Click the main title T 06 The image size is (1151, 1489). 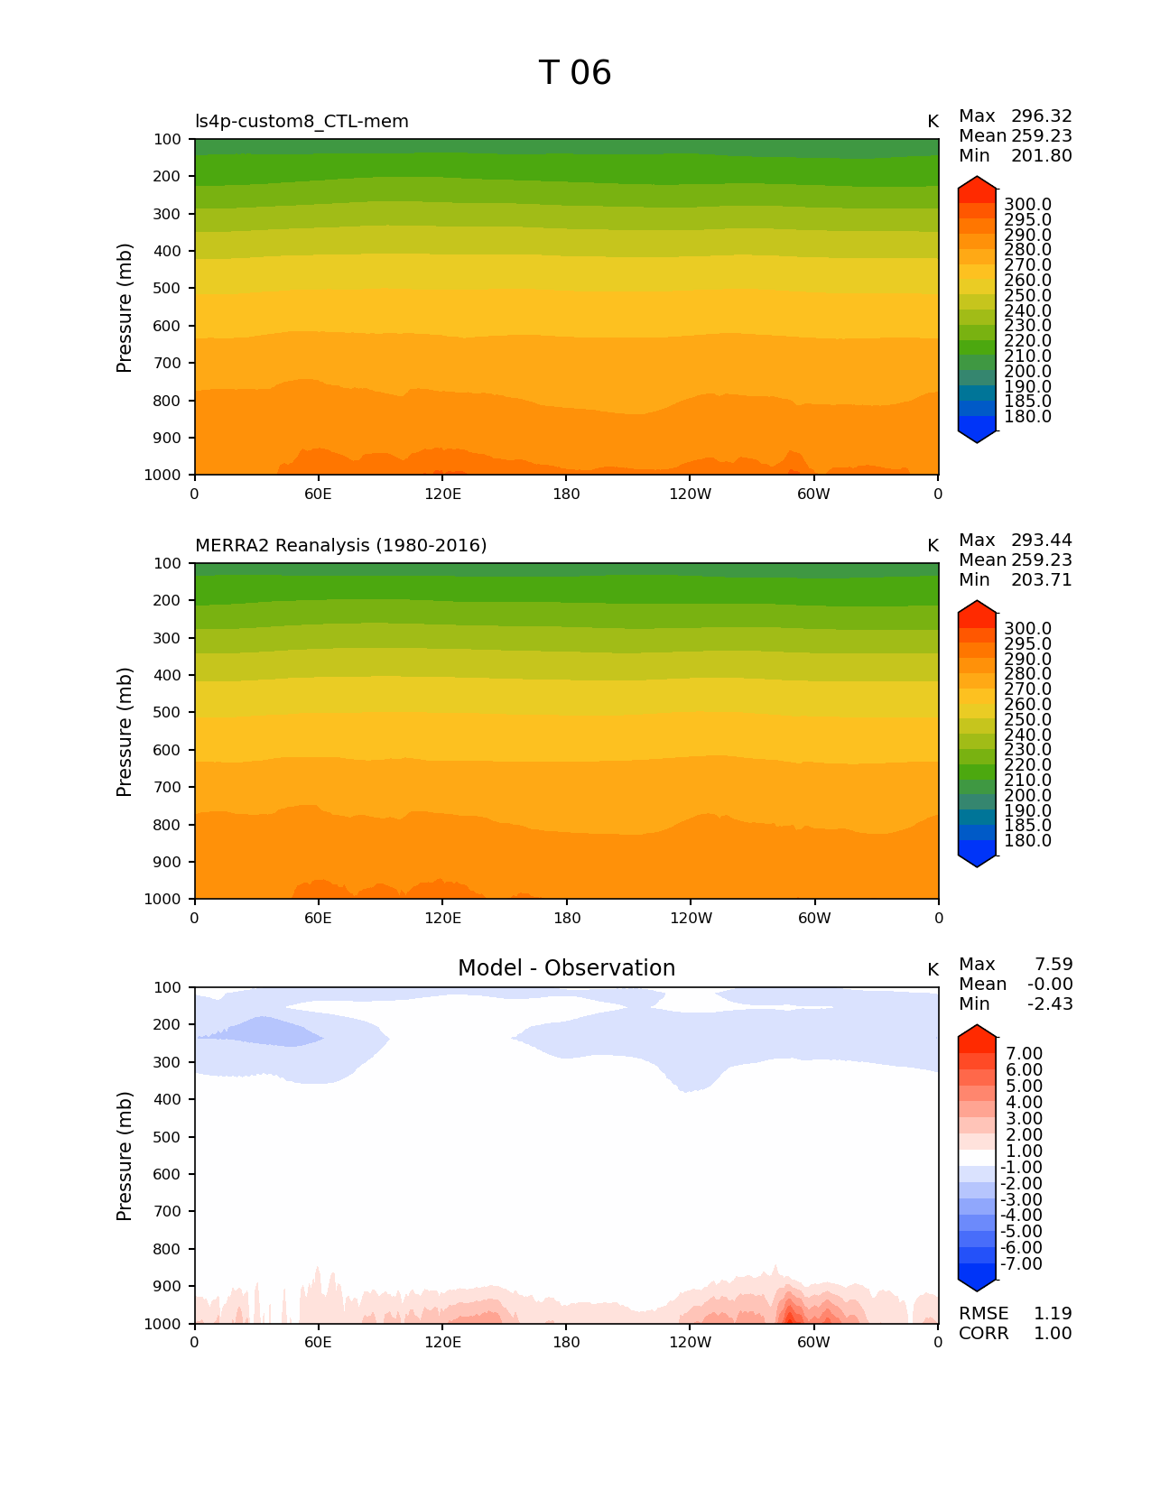pyautogui.click(x=575, y=73)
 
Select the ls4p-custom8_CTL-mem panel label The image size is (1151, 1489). pyautogui.click(x=302, y=122)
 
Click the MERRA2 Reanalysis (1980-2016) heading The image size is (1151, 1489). pyautogui.click(x=340, y=546)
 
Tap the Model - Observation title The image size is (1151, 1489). pyautogui.click(x=566, y=968)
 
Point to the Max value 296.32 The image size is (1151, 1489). pyautogui.click(x=1041, y=116)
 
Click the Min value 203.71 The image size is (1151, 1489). pyautogui.click(x=1041, y=580)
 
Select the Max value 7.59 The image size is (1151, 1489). pyautogui.click(x=1053, y=965)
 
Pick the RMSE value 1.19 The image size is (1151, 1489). pyautogui.click(x=1053, y=1314)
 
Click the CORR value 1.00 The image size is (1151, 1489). pyautogui.click(x=1053, y=1334)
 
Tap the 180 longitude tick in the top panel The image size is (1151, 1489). pyautogui.click(x=566, y=495)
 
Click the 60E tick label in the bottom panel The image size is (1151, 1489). pyautogui.click(x=318, y=1343)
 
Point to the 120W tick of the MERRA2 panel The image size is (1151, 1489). pyautogui.click(x=691, y=919)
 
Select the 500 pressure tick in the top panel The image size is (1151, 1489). pyautogui.click(x=169, y=289)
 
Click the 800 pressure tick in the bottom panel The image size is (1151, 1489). pyautogui.click(x=169, y=1250)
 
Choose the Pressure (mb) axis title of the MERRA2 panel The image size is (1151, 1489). pyautogui.click(x=125, y=732)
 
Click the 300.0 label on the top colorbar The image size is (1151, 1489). pyautogui.click(x=1027, y=205)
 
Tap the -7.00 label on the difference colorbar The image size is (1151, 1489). pyautogui.click(x=1021, y=1264)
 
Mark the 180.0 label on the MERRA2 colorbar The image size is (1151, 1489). pyautogui.click(x=1027, y=841)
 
